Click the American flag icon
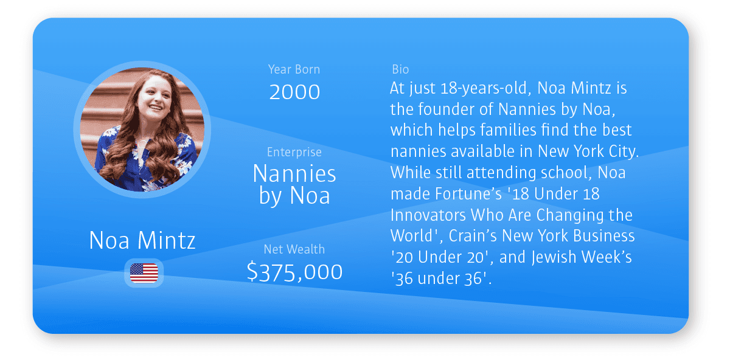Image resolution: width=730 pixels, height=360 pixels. click(x=144, y=273)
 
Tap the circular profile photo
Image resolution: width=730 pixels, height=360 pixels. click(x=142, y=130)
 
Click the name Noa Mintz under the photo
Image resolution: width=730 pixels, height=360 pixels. click(x=142, y=240)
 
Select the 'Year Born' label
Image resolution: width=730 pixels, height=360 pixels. click(x=294, y=69)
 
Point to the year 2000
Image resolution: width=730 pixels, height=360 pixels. click(x=294, y=92)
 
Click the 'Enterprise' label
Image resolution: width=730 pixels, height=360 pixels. click(x=294, y=152)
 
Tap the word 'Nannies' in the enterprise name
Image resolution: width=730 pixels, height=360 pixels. click(x=294, y=173)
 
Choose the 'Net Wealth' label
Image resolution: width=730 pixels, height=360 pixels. click(x=294, y=249)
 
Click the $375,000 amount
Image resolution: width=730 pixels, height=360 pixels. click(x=294, y=272)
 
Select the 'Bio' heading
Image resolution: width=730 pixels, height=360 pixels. click(x=400, y=69)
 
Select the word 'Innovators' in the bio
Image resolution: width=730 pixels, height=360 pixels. click(x=428, y=215)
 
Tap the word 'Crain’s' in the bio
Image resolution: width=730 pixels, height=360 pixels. click(x=472, y=236)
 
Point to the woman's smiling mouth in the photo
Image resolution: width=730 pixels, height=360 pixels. click(x=156, y=107)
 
